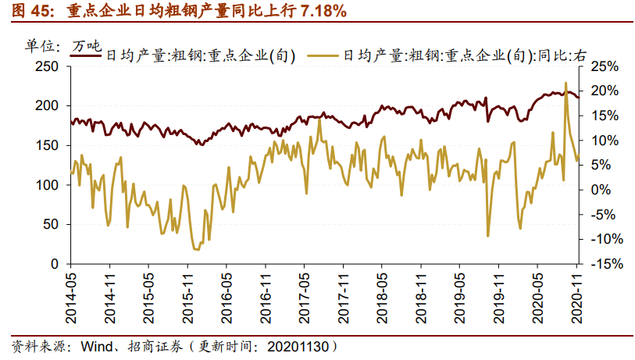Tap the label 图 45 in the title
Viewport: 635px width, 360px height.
[29, 12]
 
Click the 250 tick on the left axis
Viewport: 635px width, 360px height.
[48, 66]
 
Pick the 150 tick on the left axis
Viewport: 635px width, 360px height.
[48, 145]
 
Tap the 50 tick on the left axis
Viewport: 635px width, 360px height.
[52, 225]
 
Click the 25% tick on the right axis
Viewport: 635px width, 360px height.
[605, 66]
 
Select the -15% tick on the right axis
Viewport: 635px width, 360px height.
[605, 264]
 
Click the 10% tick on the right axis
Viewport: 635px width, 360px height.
[605, 141]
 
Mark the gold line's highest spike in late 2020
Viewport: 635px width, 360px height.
[565, 83]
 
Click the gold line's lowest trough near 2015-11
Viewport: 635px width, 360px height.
[195, 249]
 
